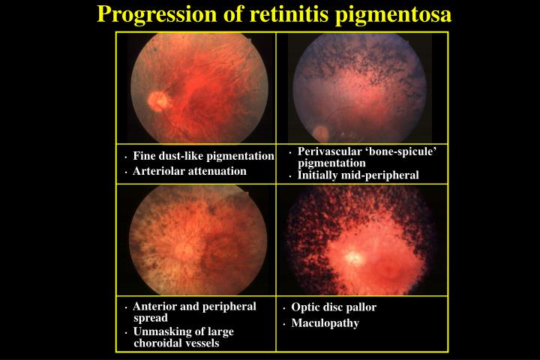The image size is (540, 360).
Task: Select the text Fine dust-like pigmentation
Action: pyautogui.click(x=203, y=156)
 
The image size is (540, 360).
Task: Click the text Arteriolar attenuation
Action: pyautogui.click(x=190, y=171)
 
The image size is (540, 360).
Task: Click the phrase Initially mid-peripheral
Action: pyautogui.click(x=358, y=175)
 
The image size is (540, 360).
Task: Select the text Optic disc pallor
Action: pyautogui.click(x=334, y=307)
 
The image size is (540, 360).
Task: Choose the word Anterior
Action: pyautogui.click(x=154, y=307)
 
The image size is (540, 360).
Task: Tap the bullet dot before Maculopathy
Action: pyautogui.click(x=285, y=325)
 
